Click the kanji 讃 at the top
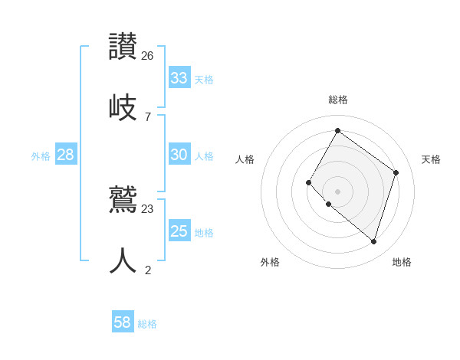tap(123, 46)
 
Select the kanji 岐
tap(123, 107)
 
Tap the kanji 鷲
tap(123, 200)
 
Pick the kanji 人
tap(123, 260)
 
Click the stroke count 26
tap(148, 55)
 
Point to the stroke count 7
tap(148, 116)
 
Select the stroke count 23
tap(148, 208)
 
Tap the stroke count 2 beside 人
tap(148, 270)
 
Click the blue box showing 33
tap(179, 78)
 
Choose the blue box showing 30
tap(179, 155)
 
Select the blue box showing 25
tap(179, 231)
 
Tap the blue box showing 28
tap(65, 155)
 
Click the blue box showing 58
tap(122, 322)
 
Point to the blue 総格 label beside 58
tap(147, 324)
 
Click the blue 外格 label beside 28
tap(41, 156)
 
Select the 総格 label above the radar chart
tap(337, 100)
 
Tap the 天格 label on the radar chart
tap(431, 159)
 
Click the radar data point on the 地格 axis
tap(373, 241)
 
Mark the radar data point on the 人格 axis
tap(309, 182)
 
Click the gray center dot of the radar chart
tap(337, 191)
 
